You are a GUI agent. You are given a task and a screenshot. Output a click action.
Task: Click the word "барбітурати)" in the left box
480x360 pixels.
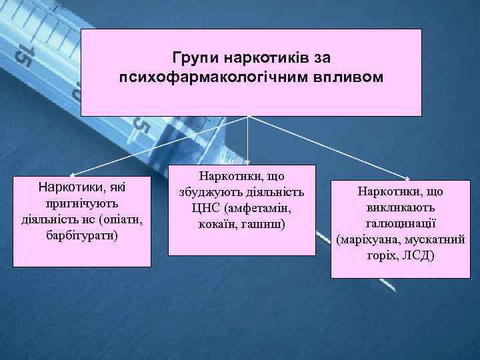[x=83, y=235]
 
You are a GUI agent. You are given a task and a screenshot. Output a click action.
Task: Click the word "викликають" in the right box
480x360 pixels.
[x=399, y=207]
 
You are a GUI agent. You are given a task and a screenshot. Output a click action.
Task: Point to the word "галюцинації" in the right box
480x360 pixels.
[x=399, y=223]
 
